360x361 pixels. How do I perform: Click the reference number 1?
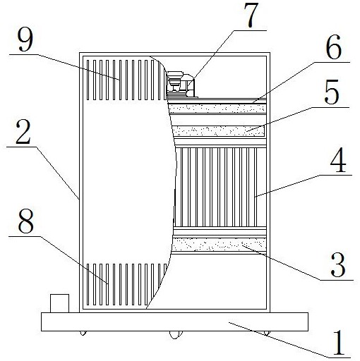click(339, 343)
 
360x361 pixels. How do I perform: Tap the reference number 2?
click(23, 133)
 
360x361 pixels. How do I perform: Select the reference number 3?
click(338, 265)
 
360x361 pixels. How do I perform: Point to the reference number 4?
click(338, 161)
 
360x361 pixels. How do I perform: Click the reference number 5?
click(332, 92)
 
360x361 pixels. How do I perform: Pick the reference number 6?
click(334, 47)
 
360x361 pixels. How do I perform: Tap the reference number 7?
click(251, 15)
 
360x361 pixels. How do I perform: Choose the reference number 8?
click(26, 221)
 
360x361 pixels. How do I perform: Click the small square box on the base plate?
click(60, 303)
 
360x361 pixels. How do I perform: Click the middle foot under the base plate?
click(176, 335)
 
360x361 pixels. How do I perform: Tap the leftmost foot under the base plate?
click(83, 333)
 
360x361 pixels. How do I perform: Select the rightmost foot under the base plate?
click(267, 334)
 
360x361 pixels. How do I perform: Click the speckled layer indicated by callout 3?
click(220, 245)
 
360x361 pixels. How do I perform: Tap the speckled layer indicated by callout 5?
click(219, 131)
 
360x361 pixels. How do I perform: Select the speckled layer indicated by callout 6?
click(217, 109)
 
